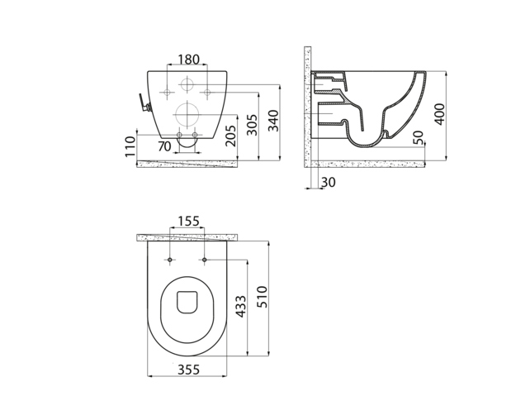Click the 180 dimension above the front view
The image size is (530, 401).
[188, 59]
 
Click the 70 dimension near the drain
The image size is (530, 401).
[164, 146]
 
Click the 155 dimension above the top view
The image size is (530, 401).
[188, 221]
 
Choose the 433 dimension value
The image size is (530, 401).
[239, 308]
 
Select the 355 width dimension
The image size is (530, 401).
[187, 370]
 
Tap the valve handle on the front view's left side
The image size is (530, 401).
[143, 103]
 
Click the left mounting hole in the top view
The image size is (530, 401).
[170, 261]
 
